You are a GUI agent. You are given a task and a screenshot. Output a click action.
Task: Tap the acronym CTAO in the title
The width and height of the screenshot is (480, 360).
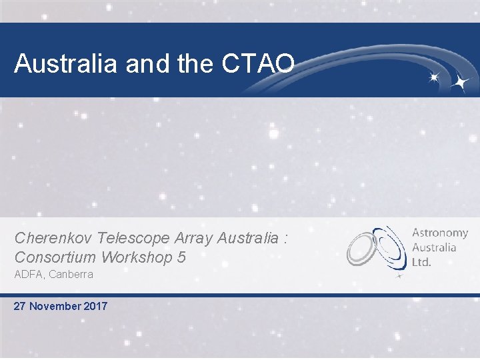click(256, 63)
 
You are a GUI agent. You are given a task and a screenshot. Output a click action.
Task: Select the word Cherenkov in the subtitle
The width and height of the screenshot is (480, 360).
click(54, 238)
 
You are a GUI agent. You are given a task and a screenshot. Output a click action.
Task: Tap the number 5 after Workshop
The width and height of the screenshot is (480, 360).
click(182, 257)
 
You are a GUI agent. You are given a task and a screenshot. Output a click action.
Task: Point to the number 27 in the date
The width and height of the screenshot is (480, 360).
click(21, 307)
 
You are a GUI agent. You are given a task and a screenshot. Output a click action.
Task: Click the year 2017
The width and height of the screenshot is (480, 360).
click(95, 307)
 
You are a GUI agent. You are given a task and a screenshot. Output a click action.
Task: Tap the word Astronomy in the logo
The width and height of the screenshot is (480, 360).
click(440, 233)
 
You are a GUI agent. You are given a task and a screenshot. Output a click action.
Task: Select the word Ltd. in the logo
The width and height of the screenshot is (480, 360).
click(421, 262)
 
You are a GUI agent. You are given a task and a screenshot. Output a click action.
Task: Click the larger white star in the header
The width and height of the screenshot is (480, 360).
click(459, 82)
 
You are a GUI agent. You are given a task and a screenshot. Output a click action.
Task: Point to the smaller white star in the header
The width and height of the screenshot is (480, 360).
click(434, 77)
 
